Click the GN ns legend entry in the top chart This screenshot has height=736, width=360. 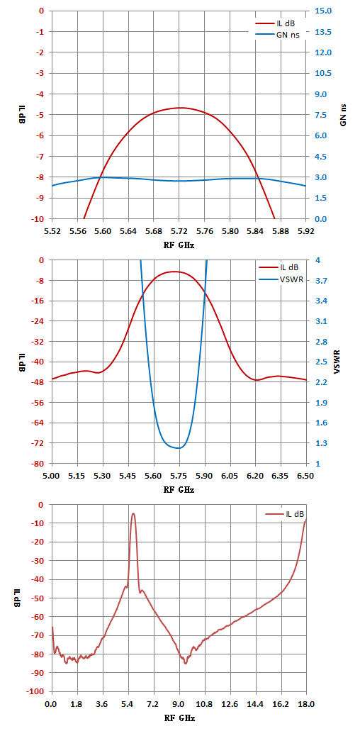(277, 34)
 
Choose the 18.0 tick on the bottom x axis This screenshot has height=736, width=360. (305, 705)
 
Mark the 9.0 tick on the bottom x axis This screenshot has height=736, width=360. (179, 705)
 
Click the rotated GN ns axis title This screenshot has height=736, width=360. (343, 115)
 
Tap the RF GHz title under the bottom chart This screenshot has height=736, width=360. (179, 719)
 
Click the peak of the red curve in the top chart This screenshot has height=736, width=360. (180, 108)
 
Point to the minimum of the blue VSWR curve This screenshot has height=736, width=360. (179, 448)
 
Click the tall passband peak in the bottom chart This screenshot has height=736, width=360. (133, 513)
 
